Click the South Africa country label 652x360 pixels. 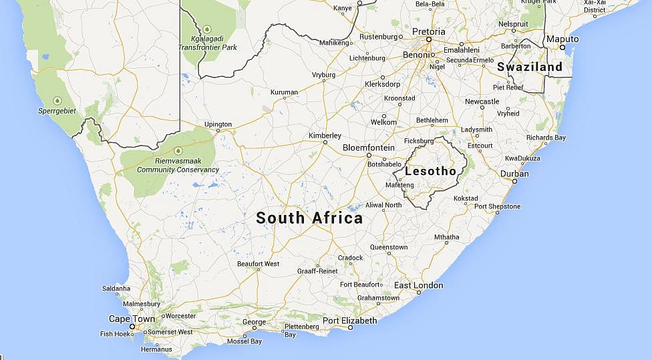tap(309, 218)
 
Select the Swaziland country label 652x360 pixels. tap(529, 67)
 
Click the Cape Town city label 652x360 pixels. tap(132, 319)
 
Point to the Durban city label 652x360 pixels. tap(514, 174)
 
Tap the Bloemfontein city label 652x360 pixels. tap(369, 147)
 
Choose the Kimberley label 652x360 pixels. tap(325, 136)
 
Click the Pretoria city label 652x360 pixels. tap(428, 31)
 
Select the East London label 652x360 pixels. tap(418, 285)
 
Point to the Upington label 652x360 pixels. tap(218, 124)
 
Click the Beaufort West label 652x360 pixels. tap(258, 264)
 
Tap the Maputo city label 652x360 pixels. tap(562, 39)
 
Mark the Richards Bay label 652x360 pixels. tap(546, 138)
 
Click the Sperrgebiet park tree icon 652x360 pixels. tap(57, 100)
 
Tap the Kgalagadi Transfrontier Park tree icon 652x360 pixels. tap(207, 29)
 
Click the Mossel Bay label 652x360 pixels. tap(244, 341)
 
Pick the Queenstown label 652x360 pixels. tap(388, 247)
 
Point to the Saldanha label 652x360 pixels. tap(116, 288)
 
